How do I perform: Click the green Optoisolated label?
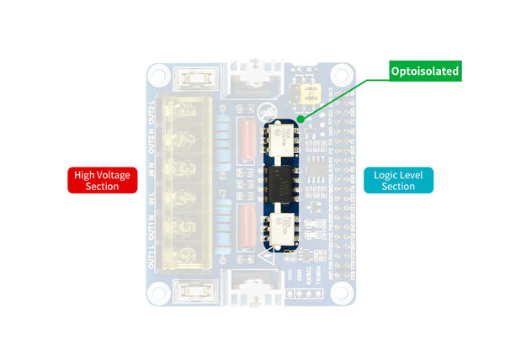[425, 71]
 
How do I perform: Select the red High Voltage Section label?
[102, 181]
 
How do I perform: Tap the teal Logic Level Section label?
[398, 181]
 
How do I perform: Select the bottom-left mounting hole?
[158, 291]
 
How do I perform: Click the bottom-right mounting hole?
[340, 291]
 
